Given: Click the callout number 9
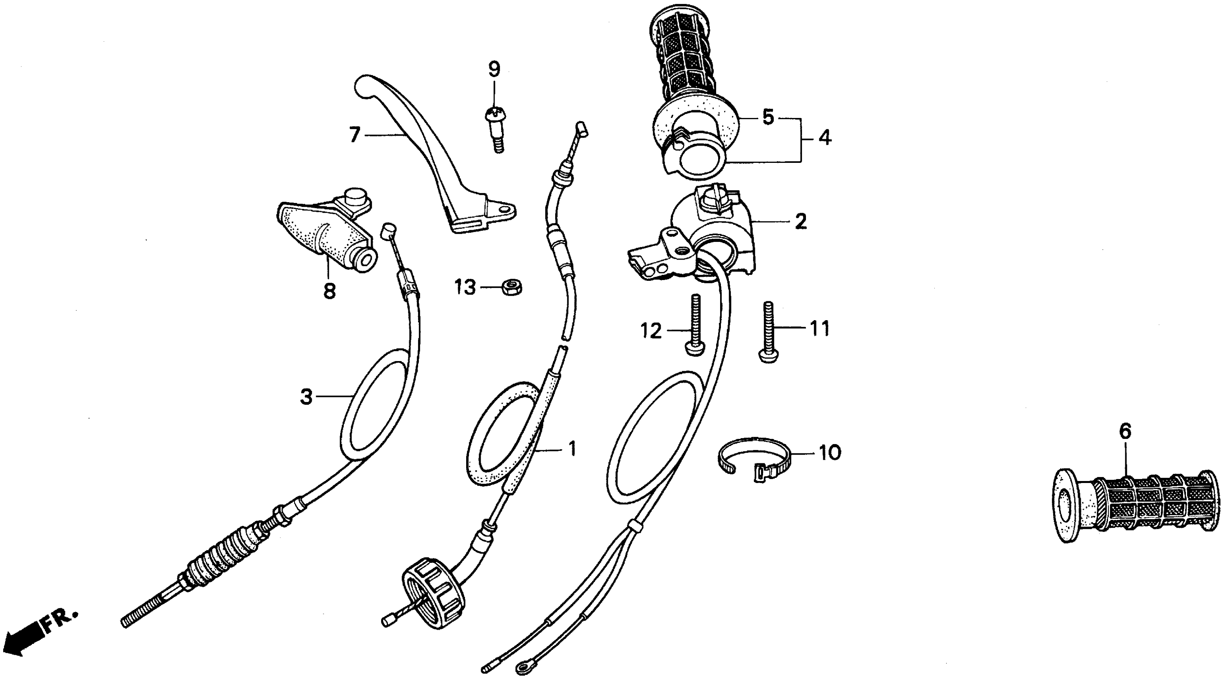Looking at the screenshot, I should click(494, 70).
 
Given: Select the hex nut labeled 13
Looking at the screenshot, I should click(512, 288).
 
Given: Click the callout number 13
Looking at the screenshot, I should click(465, 288).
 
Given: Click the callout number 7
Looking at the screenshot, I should click(354, 136).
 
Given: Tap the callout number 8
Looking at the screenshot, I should click(329, 290).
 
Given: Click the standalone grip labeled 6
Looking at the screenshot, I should click(1134, 506).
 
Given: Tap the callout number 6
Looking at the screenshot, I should click(1125, 432).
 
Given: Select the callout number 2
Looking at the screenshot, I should click(801, 221).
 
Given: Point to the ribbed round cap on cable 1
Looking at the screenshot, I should click(432, 592).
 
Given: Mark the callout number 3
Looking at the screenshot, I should click(306, 396).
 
